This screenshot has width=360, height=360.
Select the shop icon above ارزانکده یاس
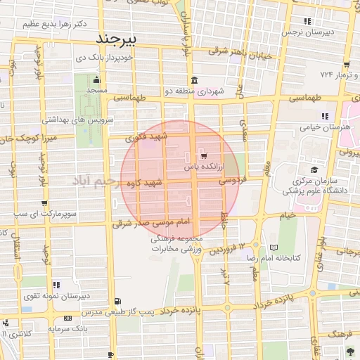click(203, 155)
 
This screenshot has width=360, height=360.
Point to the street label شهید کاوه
click(145, 184)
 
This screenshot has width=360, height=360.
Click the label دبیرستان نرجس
click(306, 32)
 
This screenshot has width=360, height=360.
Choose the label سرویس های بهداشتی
click(79, 120)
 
